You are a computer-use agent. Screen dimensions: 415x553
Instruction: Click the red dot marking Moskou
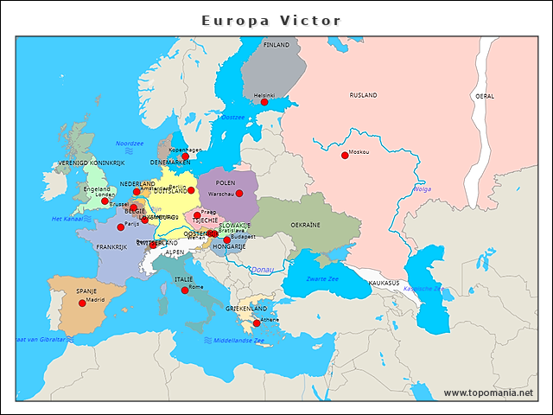pyautogui.click(x=345, y=156)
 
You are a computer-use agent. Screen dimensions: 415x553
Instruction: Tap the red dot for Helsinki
pyautogui.click(x=264, y=102)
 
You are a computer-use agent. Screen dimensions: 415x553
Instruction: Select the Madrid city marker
pyautogui.click(x=82, y=303)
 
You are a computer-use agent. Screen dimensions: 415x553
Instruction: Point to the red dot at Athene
pyautogui.click(x=256, y=323)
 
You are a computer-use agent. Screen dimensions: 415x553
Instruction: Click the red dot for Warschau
pyautogui.click(x=239, y=194)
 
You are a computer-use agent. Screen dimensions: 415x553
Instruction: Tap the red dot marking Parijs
pyautogui.click(x=120, y=227)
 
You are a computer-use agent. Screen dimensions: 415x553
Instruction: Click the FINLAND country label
pyautogui.click(x=276, y=44)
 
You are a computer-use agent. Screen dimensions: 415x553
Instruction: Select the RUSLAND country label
pyautogui.click(x=363, y=95)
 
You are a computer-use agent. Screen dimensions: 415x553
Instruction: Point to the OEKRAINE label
pyautogui.click(x=305, y=225)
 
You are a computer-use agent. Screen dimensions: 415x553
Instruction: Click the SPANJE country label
pyautogui.click(x=86, y=291)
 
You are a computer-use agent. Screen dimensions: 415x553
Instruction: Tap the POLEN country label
pyautogui.click(x=226, y=183)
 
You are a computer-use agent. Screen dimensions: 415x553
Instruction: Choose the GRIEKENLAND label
pyautogui.click(x=246, y=309)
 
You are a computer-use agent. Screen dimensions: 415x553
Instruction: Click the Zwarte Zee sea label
pyautogui.click(x=322, y=279)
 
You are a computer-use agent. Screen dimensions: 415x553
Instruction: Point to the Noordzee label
pyautogui.click(x=130, y=144)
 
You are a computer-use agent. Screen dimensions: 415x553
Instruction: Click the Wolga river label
pyautogui.click(x=423, y=188)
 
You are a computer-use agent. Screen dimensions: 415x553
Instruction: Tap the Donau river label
pyautogui.click(x=263, y=270)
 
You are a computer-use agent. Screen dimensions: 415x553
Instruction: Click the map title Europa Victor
pyautogui.click(x=271, y=21)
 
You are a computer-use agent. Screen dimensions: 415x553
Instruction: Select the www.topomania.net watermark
pyautogui.click(x=488, y=393)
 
